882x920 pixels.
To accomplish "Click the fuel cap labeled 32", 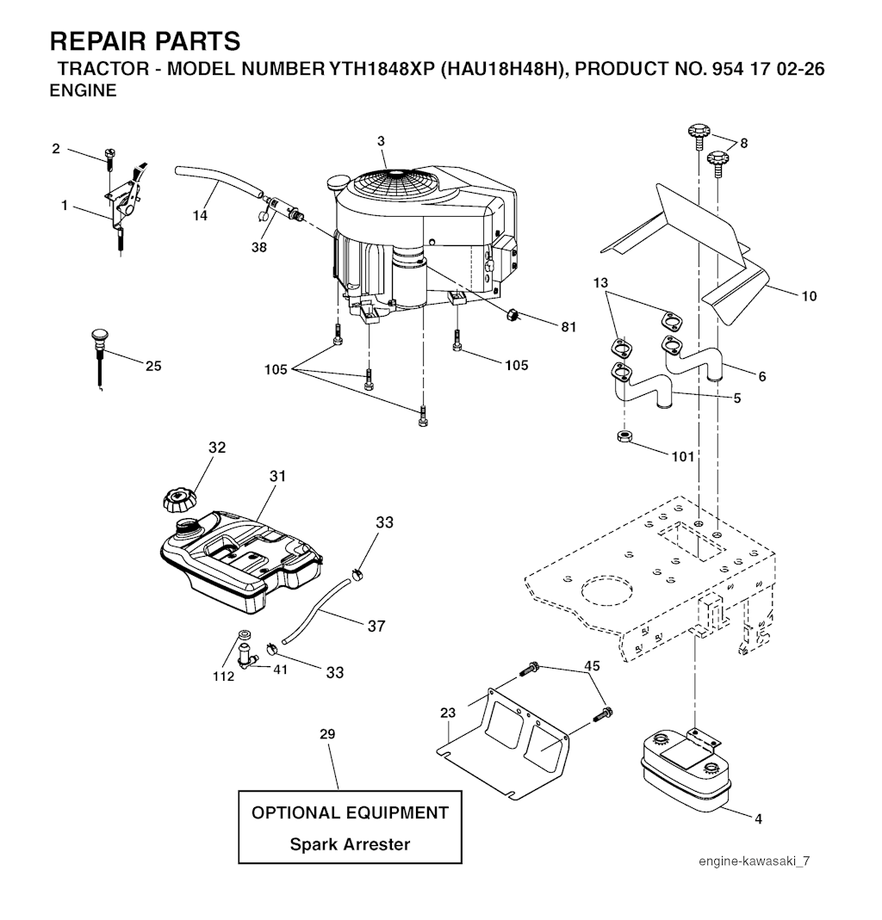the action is (179, 498).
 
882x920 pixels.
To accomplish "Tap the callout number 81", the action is (568, 327).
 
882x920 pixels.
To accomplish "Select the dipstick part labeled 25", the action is (100, 359).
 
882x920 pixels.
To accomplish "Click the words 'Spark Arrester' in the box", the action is (350, 844).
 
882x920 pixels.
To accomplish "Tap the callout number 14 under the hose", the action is (200, 216).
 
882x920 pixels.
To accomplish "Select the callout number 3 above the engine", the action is (381, 141).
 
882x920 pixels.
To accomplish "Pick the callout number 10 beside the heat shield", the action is (809, 296).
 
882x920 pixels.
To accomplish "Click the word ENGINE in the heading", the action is (84, 91).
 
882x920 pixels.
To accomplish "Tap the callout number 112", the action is (223, 676).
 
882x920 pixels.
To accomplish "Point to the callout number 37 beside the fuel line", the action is (376, 626).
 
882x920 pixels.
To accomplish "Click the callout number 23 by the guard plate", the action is (448, 713).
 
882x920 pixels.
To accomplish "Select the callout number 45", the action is (592, 666).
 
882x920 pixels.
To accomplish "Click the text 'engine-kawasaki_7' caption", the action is (754, 861).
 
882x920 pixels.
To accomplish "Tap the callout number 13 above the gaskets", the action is (600, 283).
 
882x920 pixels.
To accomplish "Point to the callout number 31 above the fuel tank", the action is (277, 476).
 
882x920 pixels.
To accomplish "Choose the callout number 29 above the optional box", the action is (327, 734).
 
